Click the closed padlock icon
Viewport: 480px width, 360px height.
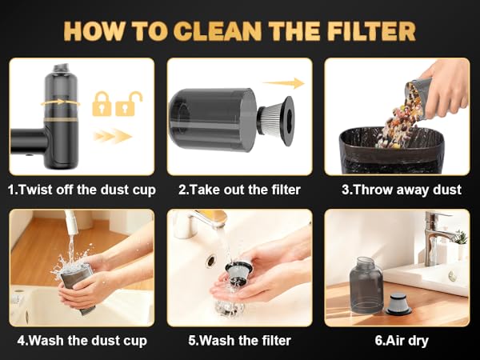pos(102,104)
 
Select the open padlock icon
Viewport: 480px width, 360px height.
pos(129,104)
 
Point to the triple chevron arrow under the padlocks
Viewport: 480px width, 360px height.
pos(113,136)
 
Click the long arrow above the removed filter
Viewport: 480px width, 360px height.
pos(283,83)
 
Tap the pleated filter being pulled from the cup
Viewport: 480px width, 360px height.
pos(275,120)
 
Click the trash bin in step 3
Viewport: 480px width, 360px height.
pos(392,150)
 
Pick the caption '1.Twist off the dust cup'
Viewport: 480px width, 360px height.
pos(82,190)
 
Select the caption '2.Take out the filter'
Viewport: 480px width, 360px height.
pos(239,190)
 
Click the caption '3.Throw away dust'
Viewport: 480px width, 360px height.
pos(402,190)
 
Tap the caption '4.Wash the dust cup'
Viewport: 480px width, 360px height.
pos(82,341)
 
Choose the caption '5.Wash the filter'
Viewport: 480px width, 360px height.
pos(239,341)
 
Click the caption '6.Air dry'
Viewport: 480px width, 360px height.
pos(402,341)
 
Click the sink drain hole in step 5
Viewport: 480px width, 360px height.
pos(211,261)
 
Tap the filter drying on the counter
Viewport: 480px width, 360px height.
pos(398,303)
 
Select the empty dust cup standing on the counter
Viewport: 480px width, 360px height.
pos(366,285)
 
